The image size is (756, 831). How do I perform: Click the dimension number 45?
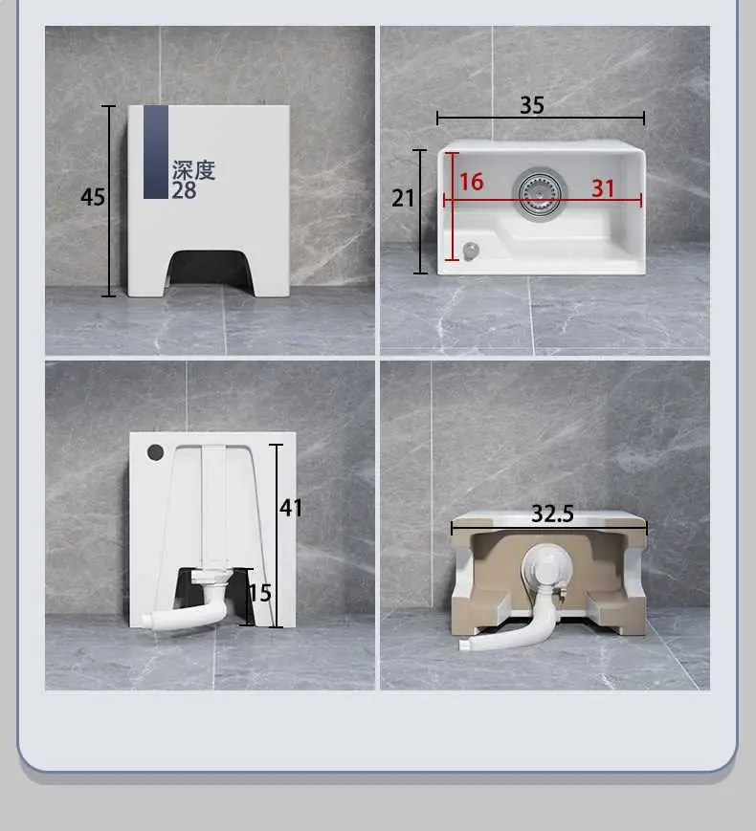[x=93, y=197]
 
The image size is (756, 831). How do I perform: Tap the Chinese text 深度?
[x=193, y=170]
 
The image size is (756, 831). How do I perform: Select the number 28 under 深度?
[x=184, y=190]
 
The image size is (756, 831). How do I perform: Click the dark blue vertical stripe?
[x=155, y=152]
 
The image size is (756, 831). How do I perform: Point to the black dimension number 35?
[x=532, y=105]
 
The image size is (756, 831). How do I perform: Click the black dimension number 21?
[x=403, y=198]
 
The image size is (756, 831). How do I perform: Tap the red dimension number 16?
[x=472, y=182]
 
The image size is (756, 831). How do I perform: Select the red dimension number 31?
[x=603, y=188]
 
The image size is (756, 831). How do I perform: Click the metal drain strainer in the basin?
[x=540, y=194]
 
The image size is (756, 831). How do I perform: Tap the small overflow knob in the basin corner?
[x=471, y=251]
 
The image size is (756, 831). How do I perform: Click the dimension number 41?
[x=291, y=508]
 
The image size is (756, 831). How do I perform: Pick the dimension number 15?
[x=260, y=593]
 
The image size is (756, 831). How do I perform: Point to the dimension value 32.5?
[x=552, y=514]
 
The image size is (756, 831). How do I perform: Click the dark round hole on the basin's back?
[x=155, y=452]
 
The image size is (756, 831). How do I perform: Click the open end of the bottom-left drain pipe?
[x=147, y=619]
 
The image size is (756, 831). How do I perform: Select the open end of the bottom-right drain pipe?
[x=465, y=645]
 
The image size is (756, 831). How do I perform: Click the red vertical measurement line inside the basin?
[x=453, y=207]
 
